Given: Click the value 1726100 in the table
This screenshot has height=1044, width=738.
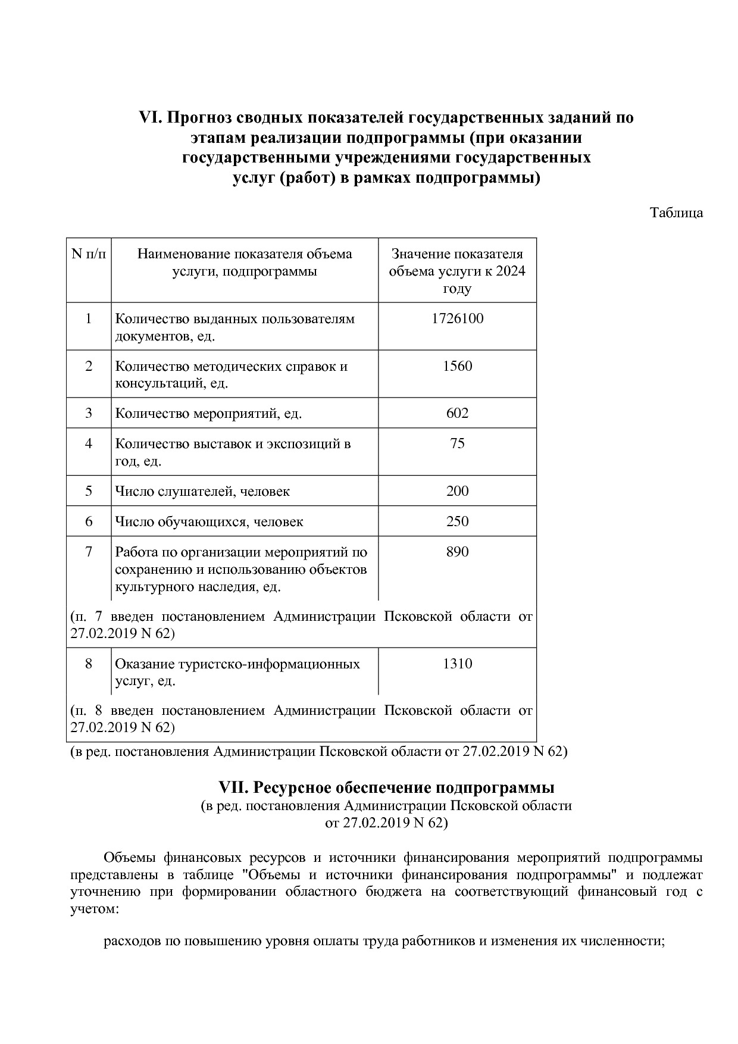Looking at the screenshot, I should point(457,318).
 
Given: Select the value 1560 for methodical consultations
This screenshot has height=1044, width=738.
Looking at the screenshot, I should point(457,366).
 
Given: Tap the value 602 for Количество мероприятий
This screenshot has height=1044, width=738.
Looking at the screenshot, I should point(457,413).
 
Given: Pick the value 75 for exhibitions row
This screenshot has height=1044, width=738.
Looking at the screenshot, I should point(457,443).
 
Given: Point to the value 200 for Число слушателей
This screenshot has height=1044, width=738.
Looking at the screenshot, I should point(457,491).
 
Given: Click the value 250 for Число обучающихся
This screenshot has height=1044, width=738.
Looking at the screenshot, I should point(457,521).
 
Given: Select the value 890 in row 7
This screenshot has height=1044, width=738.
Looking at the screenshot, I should point(457,552).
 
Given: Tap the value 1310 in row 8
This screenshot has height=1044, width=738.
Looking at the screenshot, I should point(457,664).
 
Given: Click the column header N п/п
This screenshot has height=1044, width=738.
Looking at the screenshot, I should point(89,254).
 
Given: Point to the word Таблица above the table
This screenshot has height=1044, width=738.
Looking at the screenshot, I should point(676,212).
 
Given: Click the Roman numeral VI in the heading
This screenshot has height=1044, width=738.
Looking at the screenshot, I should point(151,117).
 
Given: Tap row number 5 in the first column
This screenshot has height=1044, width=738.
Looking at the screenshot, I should point(89,491).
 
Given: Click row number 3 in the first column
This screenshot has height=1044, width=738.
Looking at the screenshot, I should point(89,413).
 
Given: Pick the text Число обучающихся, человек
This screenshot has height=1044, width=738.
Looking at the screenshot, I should point(209,522).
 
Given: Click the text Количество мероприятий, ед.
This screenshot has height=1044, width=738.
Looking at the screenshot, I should point(208,414).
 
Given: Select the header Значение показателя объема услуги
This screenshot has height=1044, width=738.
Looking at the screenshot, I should point(457,271).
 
